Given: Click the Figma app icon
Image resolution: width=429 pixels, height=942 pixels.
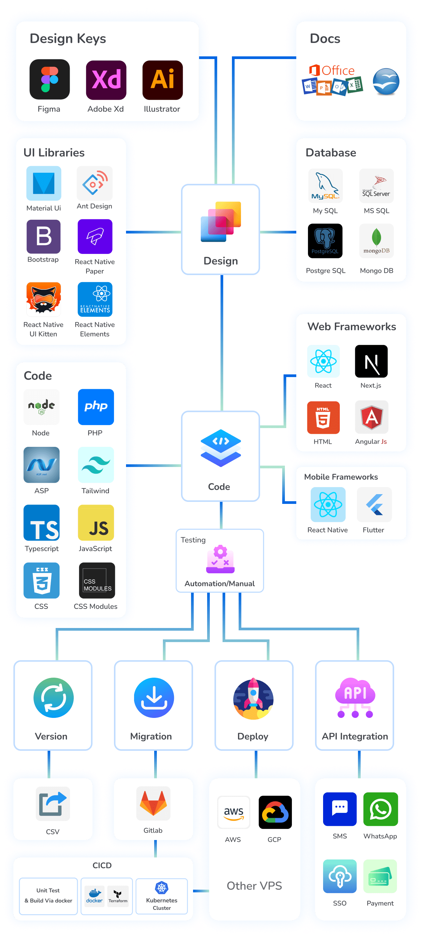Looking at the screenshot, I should [49, 80].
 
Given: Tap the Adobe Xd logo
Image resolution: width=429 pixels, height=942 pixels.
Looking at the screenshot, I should [106, 80].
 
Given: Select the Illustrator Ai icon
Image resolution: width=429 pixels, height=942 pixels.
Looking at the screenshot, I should [162, 80].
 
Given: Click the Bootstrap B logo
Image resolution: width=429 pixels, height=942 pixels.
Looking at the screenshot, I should [44, 236].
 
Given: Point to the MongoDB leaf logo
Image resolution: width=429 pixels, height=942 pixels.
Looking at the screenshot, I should [376, 240].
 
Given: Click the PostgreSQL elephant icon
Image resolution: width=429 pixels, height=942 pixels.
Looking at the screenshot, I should [325, 241].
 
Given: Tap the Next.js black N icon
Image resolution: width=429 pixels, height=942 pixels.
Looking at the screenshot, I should [371, 361].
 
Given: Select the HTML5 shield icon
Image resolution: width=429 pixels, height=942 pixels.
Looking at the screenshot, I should [323, 417].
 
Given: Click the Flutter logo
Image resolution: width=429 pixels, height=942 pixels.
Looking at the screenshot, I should [374, 504].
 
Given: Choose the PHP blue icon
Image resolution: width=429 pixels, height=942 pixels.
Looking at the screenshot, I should [96, 407].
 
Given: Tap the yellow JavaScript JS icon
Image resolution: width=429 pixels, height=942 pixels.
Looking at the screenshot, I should [96, 522].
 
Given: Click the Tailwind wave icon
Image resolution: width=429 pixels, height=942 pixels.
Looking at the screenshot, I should [96, 464].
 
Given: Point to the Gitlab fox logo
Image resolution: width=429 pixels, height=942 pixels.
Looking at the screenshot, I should [153, 803].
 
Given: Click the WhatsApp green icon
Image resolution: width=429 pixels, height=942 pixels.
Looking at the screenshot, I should [380, 809].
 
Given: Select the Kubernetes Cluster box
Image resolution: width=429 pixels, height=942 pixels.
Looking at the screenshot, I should [162, 896].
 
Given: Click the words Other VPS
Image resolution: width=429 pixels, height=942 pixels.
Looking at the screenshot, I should [254, 885].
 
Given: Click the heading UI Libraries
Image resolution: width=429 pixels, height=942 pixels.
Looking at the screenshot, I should [54, 153].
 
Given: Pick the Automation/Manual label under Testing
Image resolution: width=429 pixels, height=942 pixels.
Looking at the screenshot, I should [219, 583].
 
